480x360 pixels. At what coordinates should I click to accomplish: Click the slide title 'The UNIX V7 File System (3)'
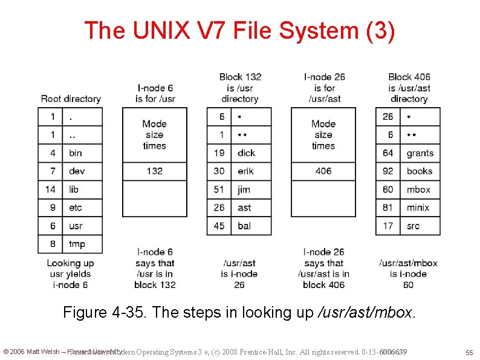coord(240,30)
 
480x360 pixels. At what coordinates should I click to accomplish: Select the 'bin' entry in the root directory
coord(75,153)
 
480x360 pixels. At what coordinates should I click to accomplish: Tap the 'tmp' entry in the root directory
coord(77,244)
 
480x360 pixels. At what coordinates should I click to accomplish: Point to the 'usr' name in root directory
coord(76,226)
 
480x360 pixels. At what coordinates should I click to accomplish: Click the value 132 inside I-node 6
coord(154,171)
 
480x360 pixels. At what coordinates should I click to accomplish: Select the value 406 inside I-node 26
coord(323,171)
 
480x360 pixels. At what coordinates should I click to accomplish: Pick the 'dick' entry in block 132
coord(246,153)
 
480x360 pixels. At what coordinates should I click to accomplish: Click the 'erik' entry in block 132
coord(245,171)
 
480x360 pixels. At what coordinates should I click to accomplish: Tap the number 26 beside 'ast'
coord(219,208)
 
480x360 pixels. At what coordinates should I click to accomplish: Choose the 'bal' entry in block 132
coord(244,226)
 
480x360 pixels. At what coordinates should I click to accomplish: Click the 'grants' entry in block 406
coord(420,153)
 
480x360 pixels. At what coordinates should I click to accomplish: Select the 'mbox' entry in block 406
coord(418,189)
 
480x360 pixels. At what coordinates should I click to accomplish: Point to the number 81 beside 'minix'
coord(388,208)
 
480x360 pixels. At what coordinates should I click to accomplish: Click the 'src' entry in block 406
coord(414,226)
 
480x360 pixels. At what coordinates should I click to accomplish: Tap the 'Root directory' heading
coord(71,99)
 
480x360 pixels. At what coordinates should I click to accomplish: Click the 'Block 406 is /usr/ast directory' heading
coord(409,88)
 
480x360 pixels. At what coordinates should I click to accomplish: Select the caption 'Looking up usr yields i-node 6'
coord(71,273)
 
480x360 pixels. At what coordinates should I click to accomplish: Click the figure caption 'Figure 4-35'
coord(239,312)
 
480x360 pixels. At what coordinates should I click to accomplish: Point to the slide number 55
coord(469,352)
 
